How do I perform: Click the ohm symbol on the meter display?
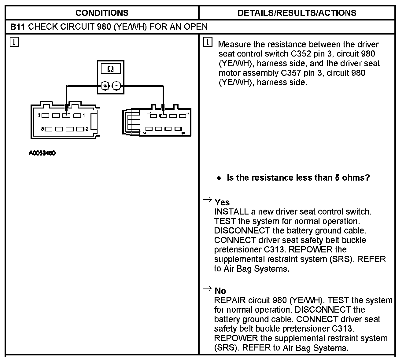111,69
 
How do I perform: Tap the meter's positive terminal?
105,86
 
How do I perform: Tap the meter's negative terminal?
116,86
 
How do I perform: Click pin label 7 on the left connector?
39,116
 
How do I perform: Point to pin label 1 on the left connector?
83,116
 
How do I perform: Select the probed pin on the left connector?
66,116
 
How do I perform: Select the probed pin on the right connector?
163,116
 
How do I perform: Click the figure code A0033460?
42,153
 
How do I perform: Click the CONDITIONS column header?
102,13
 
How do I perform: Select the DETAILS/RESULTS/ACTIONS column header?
297,13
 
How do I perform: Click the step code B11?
17,27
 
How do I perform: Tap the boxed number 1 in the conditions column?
14,42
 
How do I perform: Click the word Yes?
222,202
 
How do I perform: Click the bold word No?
220,291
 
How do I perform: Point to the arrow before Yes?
208,200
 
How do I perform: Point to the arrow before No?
208,288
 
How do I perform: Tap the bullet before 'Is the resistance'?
219,178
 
